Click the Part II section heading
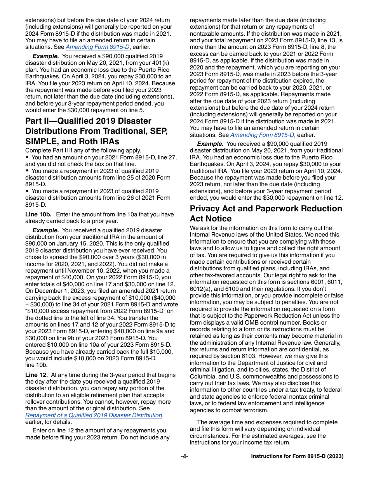pos(96,131)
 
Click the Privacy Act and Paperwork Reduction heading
pos(266,213)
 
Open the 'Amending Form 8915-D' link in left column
pos(97,47)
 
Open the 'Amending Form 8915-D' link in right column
pos(262,135)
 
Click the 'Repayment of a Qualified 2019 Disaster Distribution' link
pos(94,415)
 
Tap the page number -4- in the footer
pos(184,456)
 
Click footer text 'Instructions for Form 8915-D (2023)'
pos(297,456)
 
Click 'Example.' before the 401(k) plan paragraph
pos(45,56)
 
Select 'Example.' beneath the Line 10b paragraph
pos(45,230)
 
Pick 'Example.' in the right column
pos(210,144)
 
